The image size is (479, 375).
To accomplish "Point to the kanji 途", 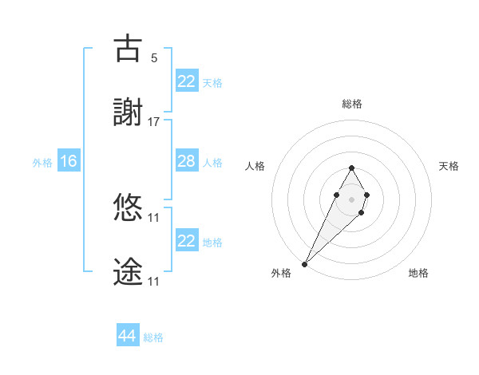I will [128, 272].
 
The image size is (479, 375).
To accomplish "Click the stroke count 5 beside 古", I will [154, 57].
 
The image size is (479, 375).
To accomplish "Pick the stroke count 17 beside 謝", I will [154, 121].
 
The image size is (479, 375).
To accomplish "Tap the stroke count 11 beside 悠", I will [154, 217].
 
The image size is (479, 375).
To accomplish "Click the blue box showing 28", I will [186, 161].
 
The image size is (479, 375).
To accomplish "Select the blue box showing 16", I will [69, 161].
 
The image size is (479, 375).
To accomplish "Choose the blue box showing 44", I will [127, 336].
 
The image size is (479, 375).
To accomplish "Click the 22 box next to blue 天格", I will [186, 81].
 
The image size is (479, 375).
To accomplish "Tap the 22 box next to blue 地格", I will [186, 241].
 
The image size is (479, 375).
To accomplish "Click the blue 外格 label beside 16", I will [42, 162].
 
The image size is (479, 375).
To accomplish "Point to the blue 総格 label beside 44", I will [153, 337].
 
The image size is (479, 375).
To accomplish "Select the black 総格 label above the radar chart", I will [351, 104].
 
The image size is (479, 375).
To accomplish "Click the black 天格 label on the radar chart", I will [449, 166].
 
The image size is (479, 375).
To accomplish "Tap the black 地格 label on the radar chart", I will [418, 273].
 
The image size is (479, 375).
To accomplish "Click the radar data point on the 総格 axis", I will [351, 168].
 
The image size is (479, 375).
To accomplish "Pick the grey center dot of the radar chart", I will [351, 199].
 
